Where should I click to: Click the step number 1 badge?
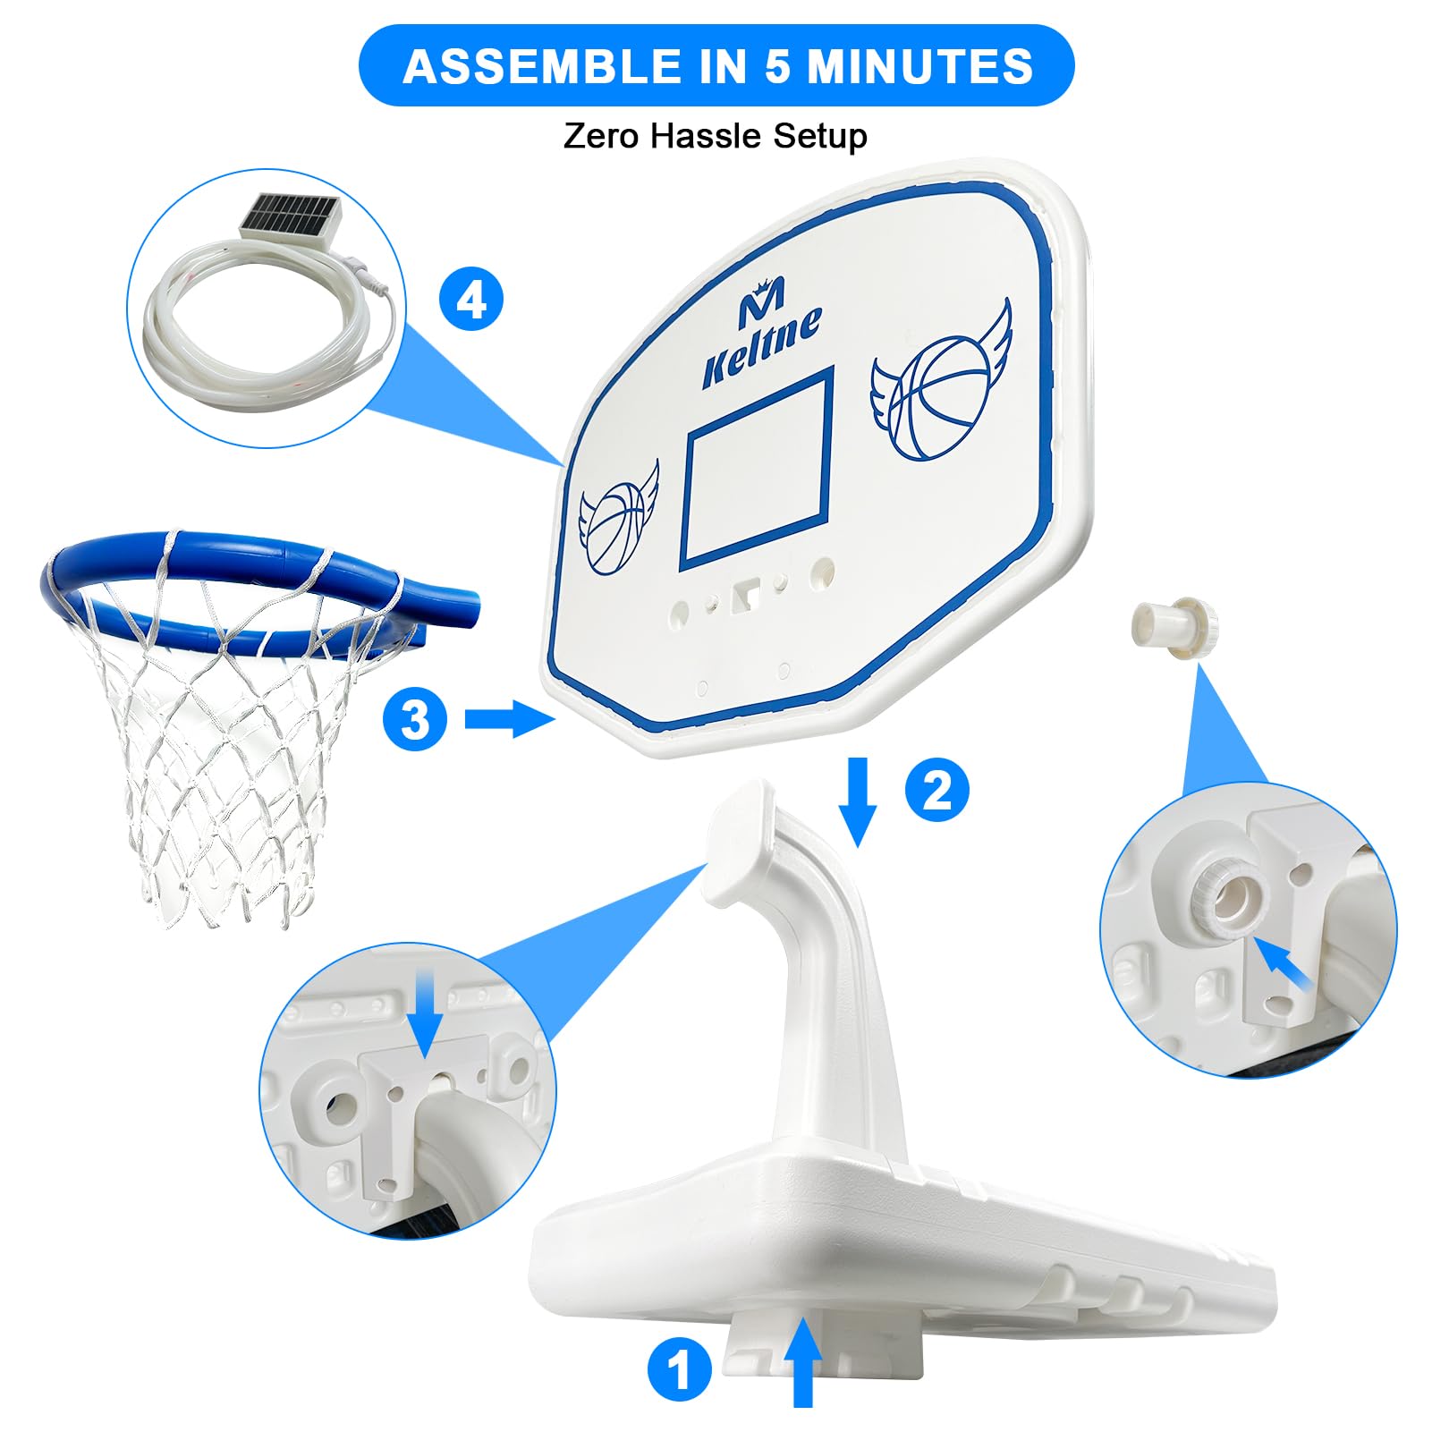pyautogui.click(x=680, y=1369)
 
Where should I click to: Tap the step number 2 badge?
pyautogui.click(x=936, y=790)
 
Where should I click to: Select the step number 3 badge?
pyautogui.click(x=415, y=719)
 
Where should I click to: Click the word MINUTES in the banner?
pyautogui.click(x=920, y=66)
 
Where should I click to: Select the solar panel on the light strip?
pyautogui.click(x=290, y=217)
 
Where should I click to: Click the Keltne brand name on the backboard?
pyautogui.click(x=761, y=348)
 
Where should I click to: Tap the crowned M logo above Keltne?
pyautogui.click(x=763, y=301)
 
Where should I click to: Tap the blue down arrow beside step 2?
pyautogui.click(x=859, y=801)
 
